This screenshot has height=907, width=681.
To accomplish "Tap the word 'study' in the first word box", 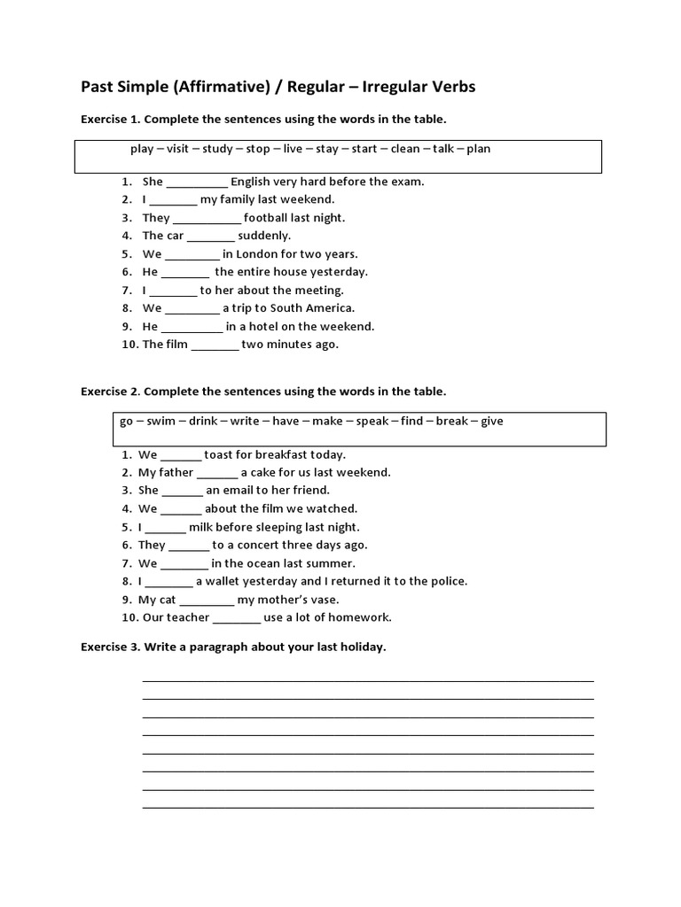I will tap(216, 149).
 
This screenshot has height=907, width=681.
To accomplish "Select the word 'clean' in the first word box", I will tap(405, 149).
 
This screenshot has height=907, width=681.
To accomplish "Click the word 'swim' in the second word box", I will tap(160, 421).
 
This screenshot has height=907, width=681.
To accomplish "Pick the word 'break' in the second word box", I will tap(451, 421).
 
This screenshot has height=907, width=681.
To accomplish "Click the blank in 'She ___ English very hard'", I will tap(197, 182).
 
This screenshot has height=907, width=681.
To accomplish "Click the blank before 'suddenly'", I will tap(211, 236).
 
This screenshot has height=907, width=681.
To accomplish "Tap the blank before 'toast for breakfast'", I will tap(181, 455).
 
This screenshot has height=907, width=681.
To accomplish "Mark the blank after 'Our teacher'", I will tap(237, 618).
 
